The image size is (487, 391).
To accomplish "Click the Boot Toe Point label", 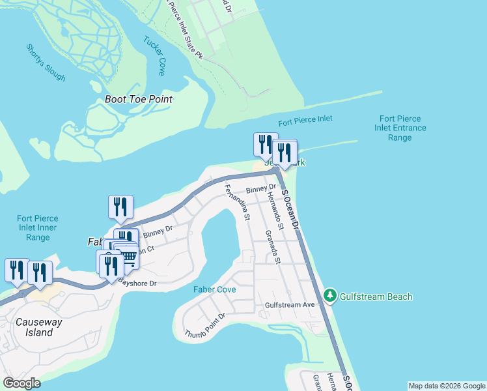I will [x=139, y=99].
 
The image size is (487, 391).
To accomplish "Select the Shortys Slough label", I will [x=46, y=63].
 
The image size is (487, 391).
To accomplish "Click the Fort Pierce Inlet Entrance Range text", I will [x=400, y=128].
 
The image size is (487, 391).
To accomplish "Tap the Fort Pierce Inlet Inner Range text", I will [x=38, y=228].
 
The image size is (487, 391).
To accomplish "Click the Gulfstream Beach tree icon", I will [x=331, y=297].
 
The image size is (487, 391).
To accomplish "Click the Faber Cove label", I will [x=214, y=289].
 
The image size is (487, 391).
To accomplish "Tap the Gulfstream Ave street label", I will [x=290, y=304].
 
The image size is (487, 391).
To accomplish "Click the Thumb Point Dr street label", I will [x=204, y=325].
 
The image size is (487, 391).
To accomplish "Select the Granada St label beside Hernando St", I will [x=272, y=248].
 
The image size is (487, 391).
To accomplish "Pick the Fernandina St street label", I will [x=236, y=203].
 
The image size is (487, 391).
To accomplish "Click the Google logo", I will [x=21, y=383].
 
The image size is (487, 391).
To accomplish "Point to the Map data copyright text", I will [x=446, y=386].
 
